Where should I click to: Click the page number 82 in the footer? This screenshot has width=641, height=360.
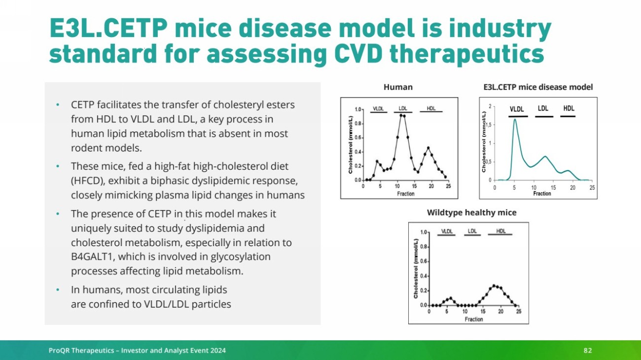pyautogui.click(x=587, y=350)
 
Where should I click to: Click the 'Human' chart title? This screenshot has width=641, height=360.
pyautogui.click(x=398, y=87)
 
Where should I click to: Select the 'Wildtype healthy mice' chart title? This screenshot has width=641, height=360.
pyautogui.click(x=471, y=213)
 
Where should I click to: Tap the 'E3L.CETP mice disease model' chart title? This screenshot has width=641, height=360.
pyautogui.click(x=538, y=87)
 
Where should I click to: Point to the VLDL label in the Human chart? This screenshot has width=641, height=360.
pyautogui.click(x=379, y=108)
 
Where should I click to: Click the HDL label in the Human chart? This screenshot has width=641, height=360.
pyautogui.click(x=431, y=108)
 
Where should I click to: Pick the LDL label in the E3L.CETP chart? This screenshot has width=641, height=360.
pyautogui.click(x=543, y=108)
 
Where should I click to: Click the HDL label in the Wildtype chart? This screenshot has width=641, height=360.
pyautogui.click(x=500, y=231)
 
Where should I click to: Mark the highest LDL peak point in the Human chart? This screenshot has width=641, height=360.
pyautogui.click(x=402, y=115)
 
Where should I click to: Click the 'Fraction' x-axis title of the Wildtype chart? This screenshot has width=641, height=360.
pyautogui.click(x=474, y=319)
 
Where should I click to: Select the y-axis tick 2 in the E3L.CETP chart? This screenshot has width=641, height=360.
pyautogui.click(x=490, y=106)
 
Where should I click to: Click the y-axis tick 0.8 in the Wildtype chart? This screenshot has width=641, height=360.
pyautogui.click(x=424, y=246)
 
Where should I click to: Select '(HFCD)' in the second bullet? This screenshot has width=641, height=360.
pyautogui.click(x=86, y=180)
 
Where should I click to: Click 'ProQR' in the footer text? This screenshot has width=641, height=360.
pyautogui.click(x=59, y=350)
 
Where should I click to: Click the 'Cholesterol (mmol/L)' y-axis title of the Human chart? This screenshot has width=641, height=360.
pyautogui.click(x=351, y=145)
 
